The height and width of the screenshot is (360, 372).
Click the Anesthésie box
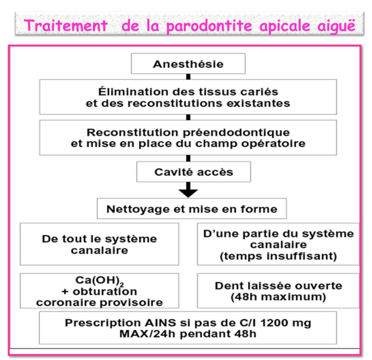[x=188, y=64]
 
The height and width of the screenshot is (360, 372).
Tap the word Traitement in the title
[x=65, y=26]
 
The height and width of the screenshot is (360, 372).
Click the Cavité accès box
[x=193, y=172]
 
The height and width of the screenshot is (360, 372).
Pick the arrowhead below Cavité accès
[x=188, y=193]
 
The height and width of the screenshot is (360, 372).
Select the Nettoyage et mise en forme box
[x=192, y=209]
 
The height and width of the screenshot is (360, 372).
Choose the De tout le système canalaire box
[x=99, y=244]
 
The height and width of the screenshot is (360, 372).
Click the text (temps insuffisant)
[x=279, y=256]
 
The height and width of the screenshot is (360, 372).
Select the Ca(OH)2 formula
[x=99, y=281]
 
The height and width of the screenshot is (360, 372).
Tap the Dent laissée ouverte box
[x=278, y=291]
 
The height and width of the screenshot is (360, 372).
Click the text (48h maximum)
[x=279, y=297]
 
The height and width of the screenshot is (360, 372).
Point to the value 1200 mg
[x=286, y=323]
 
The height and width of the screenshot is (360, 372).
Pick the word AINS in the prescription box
[x=160, y=323]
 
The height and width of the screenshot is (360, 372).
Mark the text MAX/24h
[x=148, y=334]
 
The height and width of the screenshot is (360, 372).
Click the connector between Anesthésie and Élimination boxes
[x=188, y=77]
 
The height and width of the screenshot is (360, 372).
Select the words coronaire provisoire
[x=99, y=303]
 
